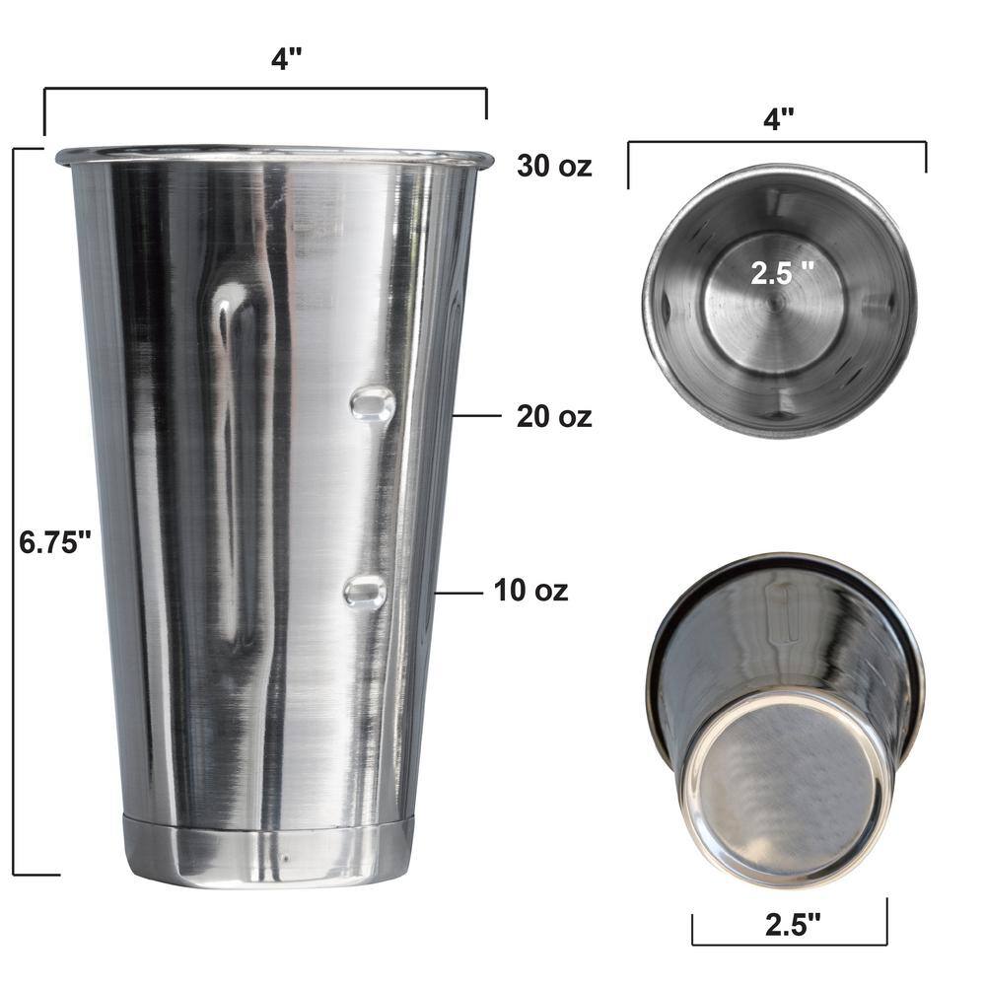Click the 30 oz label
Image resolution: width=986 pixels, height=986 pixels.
[554, 166]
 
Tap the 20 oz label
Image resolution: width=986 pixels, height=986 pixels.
[554, 416]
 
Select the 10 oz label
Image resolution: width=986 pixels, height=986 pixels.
[530, 591]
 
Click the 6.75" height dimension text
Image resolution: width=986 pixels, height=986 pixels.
[55, 542]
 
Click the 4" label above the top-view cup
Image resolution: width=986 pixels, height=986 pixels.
[779, 118]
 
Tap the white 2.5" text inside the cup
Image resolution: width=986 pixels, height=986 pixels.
[782, 273]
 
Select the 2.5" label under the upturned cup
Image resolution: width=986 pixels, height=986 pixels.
[793, 925]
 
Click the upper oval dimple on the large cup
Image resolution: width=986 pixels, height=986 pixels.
[373, 403]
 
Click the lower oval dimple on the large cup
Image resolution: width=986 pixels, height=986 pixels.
[365, 592]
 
